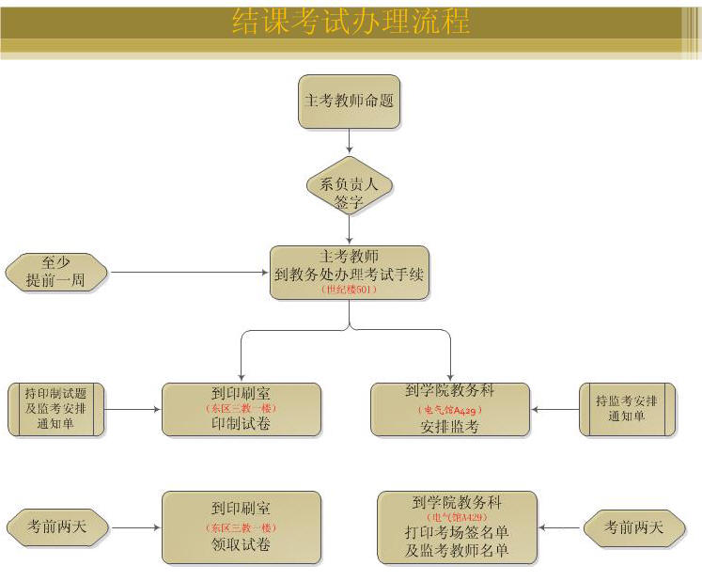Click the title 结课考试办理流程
[x=351, y=22]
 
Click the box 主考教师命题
[x=350, y=102]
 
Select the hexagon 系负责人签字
[x=350, y=185]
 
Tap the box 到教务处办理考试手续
[x=350, y=273]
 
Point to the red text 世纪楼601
[x=350, y=290]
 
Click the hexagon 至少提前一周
[x=56, y=273]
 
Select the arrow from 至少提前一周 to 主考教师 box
[x=188, y=273]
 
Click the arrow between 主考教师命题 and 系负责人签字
[x=350, y=140]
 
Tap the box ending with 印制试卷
[x=242, y=409]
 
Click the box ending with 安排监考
[x=449, y=409]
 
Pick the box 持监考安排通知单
[x=627, y=409]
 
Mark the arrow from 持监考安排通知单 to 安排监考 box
[x=554, y=409]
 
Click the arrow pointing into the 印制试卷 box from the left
[x=132, y=409]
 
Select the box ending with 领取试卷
[x=242, y=527]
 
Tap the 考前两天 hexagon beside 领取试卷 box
[x=56, y=527]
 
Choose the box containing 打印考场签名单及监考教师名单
[x=457, y=527]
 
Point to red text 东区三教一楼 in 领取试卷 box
[x=242, y=527]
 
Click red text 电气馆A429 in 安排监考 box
[x=449, y=410]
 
